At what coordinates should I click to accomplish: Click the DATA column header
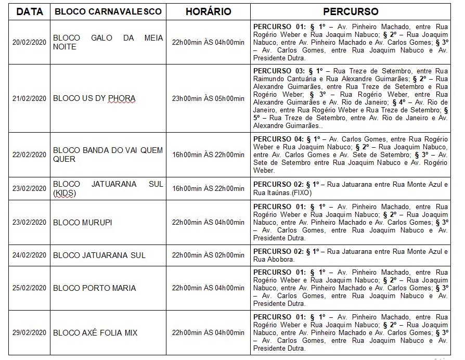point(29,11)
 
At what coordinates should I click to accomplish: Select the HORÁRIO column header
point(208,11)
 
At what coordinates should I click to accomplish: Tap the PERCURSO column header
point(351,11)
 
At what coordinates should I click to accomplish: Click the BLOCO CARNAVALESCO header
point(108,11)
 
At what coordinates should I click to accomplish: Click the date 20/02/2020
point(29,42)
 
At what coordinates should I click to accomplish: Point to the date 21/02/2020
point(29,98)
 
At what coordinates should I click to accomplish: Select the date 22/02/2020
point(29,155)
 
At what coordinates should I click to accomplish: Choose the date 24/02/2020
point(29,255)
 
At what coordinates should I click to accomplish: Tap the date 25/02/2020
point(29,288)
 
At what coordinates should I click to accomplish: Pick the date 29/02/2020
point(29,333)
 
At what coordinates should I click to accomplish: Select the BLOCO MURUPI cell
point(83,223)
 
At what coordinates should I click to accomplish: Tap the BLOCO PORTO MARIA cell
point(95,288)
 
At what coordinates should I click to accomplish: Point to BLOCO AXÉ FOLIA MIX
point(96,333)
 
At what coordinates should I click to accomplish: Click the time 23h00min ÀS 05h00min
point(208,98)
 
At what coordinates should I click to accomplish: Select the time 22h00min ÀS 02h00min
point(208,255)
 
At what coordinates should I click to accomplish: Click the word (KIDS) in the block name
point(64,193)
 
